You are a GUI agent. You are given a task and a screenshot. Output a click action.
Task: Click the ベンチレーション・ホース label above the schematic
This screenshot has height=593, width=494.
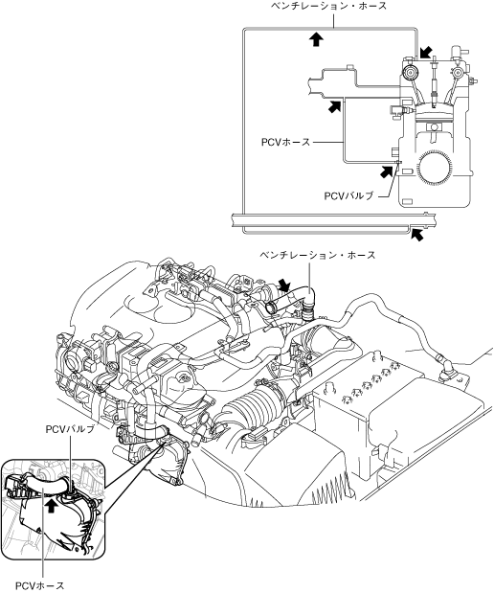pos(328,6)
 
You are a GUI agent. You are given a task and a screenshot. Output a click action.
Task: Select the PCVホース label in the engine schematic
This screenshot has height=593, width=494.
pos(285,142)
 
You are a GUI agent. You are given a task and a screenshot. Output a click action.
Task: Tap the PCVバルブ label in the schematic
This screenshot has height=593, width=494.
pos(348,195)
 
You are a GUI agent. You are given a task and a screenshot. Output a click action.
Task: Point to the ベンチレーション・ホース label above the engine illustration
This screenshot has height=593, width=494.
pos(318,255)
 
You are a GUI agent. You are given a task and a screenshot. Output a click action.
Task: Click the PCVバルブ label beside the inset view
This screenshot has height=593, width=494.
pos(70,429)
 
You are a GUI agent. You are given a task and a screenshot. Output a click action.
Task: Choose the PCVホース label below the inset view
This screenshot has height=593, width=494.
pos(39,585)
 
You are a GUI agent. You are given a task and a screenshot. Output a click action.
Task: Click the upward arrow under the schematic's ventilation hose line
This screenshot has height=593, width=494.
pos(316,38)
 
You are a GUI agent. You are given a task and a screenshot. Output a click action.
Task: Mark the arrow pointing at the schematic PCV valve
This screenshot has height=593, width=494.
pos(386,171)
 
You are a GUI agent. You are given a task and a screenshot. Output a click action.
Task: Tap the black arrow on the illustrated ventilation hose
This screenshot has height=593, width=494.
pos(284,285)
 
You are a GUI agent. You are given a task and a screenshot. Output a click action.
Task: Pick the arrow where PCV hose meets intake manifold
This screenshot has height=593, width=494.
pos(334,106)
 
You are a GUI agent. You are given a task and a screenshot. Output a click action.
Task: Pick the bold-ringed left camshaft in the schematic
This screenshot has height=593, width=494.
pos(410,72)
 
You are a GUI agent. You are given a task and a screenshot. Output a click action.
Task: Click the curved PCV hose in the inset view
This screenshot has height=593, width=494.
pos(45,485)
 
